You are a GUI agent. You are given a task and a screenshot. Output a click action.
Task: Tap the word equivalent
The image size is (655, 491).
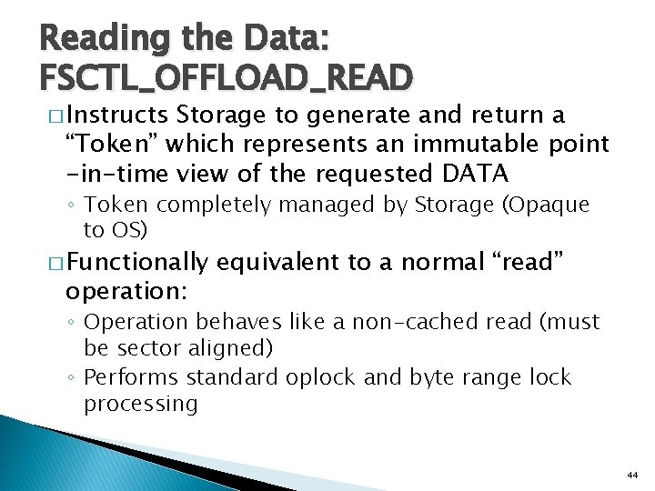(282, 263)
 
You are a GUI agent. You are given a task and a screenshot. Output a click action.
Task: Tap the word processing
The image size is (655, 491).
(140, 403)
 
